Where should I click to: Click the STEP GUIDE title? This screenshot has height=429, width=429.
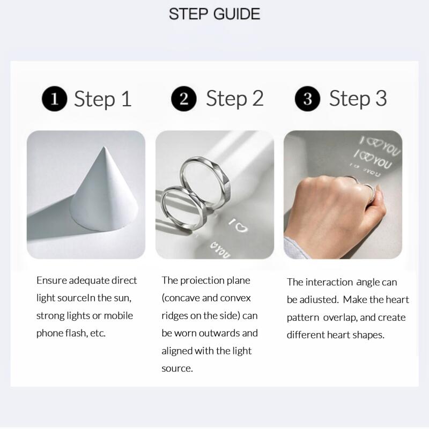coord(214,13)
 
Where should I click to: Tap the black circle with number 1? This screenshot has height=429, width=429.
coord(54,99)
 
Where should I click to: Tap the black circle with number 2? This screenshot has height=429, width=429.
coord(184,99)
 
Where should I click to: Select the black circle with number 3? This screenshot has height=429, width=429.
coord(307,99)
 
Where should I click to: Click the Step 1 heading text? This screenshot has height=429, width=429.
coord(102,99)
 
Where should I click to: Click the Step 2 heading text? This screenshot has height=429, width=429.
coord(235,99)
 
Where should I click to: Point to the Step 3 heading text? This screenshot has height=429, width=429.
coord(358,99)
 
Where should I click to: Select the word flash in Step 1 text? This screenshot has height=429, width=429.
coord(79,333)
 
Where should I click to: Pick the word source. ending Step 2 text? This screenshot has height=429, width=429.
coord(176,368)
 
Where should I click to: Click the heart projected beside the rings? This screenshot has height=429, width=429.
coord(242,227)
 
